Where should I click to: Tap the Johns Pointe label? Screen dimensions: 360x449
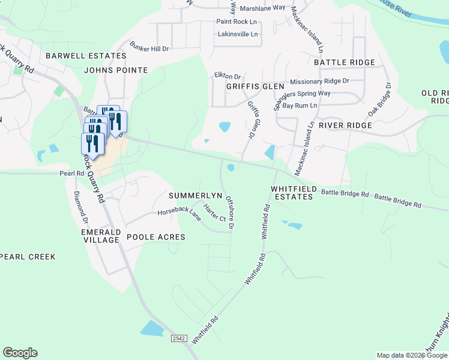pyautogui.click(x=116, y=70)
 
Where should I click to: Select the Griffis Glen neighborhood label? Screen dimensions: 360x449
pyautogui.click(x=255, y=86)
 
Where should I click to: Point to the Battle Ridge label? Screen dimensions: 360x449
pyautogui.click(x=345, y=62)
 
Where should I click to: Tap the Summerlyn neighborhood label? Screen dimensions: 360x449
pyautogui.click(x=196, y=196)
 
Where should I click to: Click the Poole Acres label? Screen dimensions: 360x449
pyautogui.click(x=156, y=237)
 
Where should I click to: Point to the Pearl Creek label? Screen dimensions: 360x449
pyautogui.click(x=28, y=257)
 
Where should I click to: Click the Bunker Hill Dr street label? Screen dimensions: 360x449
pyautogui.click(x=149, y=48)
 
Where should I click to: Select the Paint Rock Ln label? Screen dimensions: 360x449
pyautogui.click(x=237, y=22)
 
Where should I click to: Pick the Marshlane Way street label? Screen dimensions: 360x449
pyautogui.click(x=262, y=8)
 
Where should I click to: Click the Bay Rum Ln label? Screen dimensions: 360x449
pyautogui.click(x=300, y=105)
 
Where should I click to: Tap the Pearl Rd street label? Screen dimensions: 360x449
pyautogui.click(x=71, y=173)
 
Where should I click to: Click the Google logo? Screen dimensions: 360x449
pyautogui.click(x=20, y=353)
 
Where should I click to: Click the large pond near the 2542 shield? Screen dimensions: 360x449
pyautogui.click(x=152, y=328)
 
